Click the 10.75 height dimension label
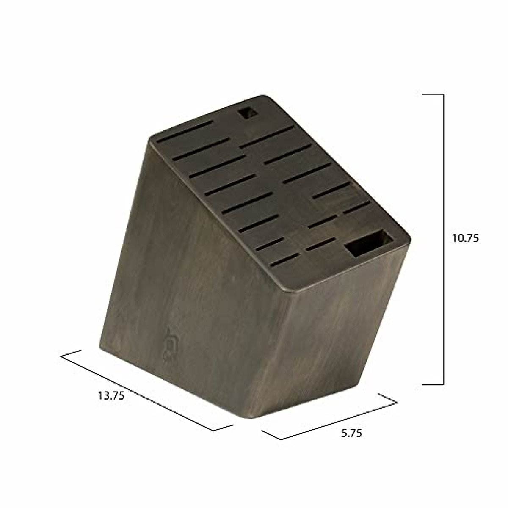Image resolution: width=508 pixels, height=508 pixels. click(x=465, y=238)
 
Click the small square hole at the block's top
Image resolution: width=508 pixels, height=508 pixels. click(x=245, y=113)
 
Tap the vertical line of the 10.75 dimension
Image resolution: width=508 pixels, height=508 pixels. click(x=443, y=239)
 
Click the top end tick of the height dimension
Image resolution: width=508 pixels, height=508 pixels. click(x=433, y=94)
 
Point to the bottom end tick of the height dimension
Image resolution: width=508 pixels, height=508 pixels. click(x=433, y=384)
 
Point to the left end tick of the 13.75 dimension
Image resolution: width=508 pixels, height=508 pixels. click(x=71, y=353)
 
